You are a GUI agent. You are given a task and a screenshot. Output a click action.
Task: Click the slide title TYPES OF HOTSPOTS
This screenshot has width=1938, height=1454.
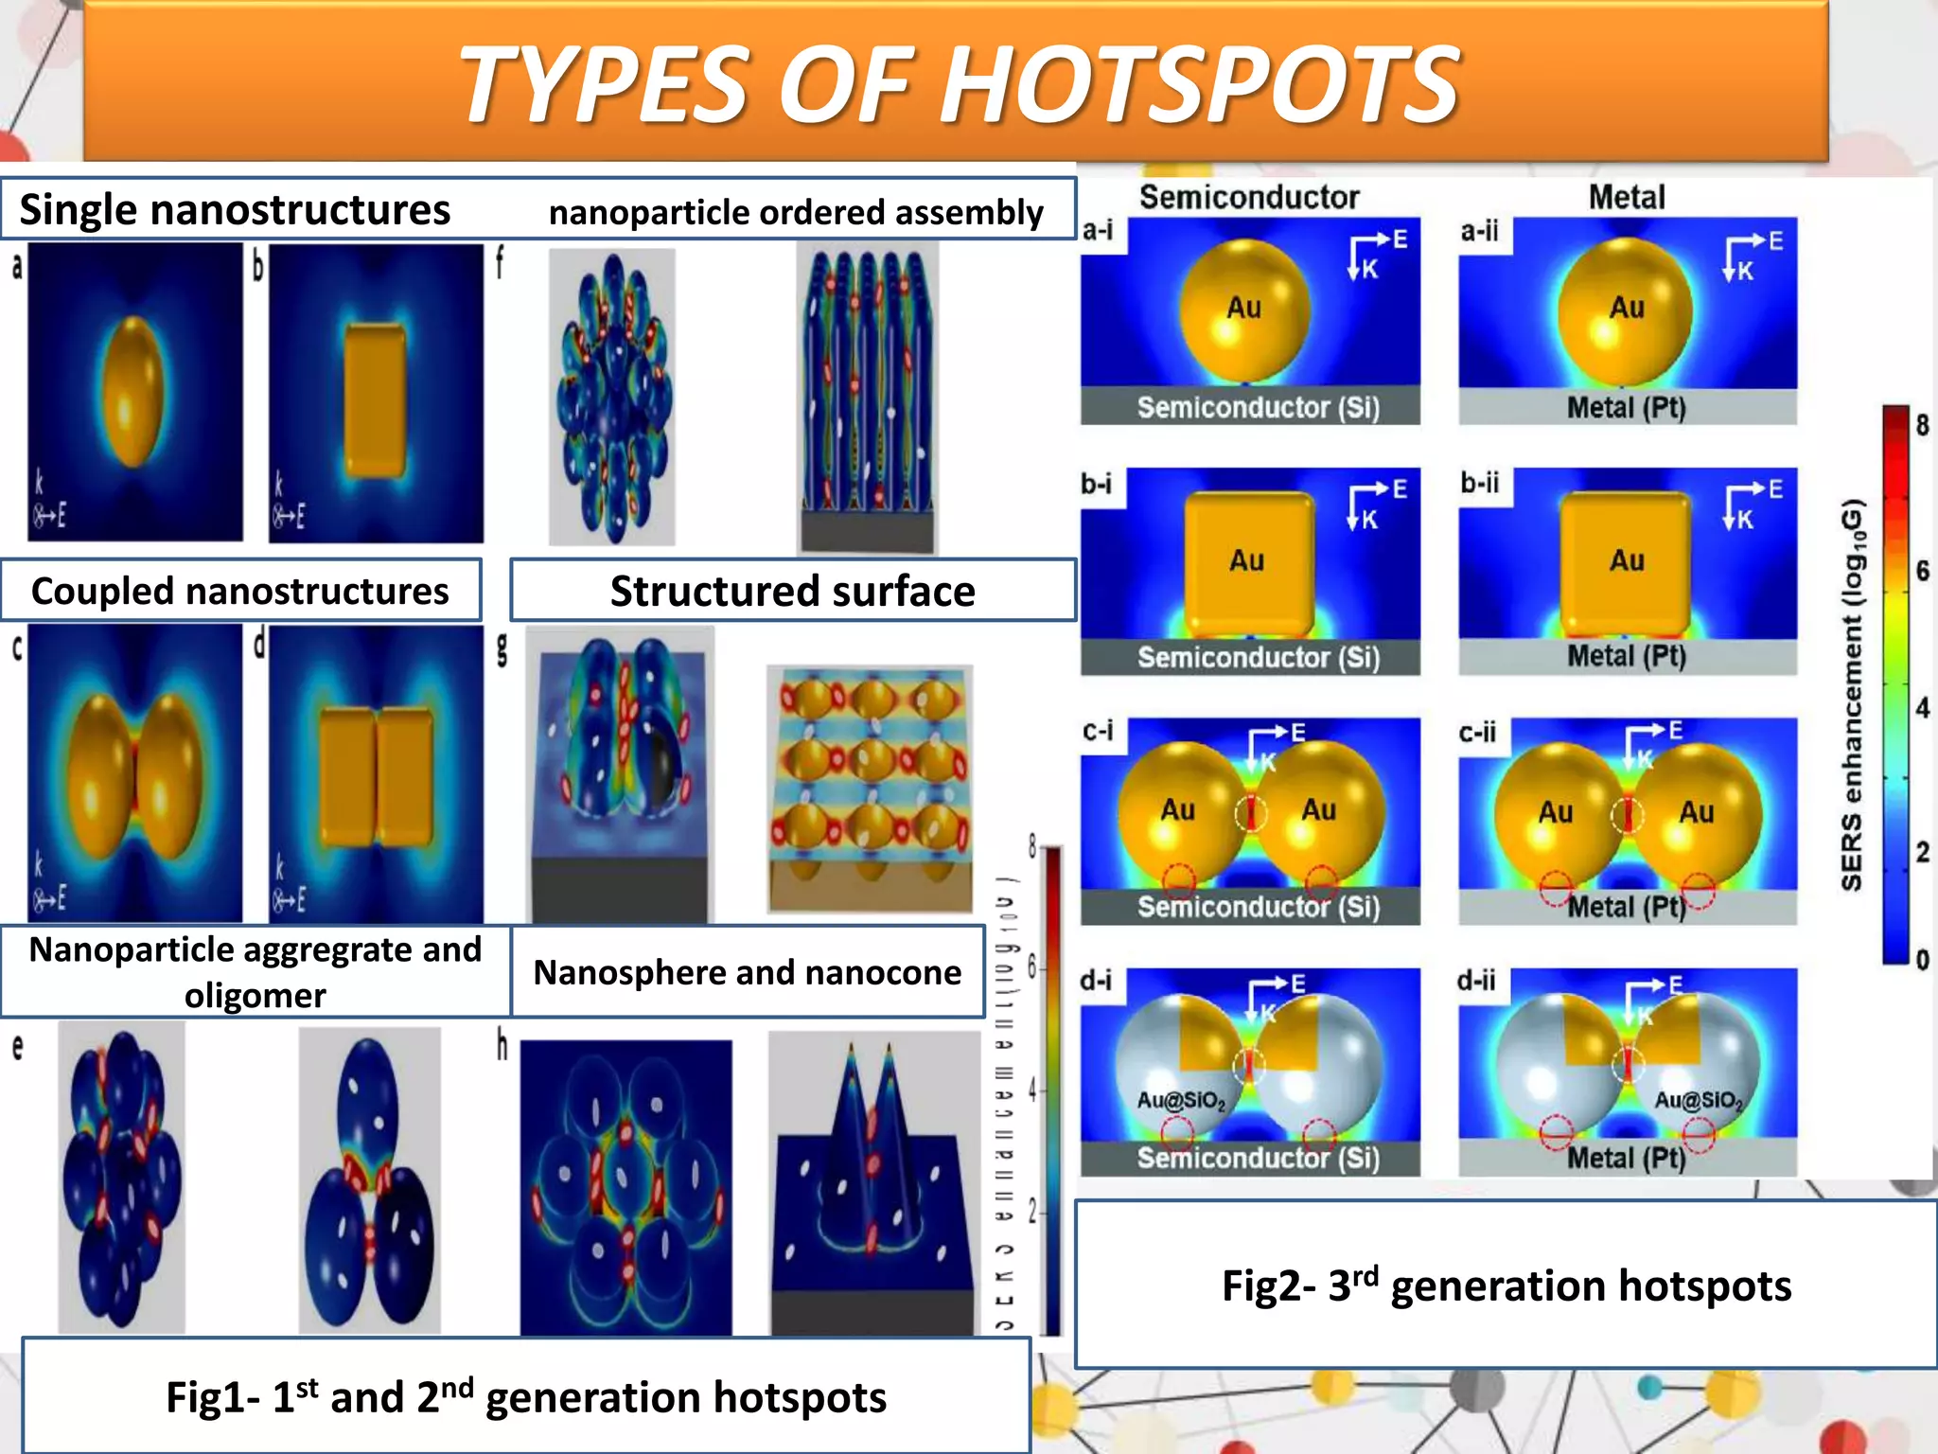coord(958,85)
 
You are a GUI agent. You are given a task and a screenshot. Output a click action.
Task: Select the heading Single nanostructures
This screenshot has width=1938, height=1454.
coord(235,210)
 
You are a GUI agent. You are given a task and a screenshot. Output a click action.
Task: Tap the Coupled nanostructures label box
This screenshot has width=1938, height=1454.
coord(240,591)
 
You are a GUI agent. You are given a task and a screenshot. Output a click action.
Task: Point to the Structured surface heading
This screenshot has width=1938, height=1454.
coord(793,591)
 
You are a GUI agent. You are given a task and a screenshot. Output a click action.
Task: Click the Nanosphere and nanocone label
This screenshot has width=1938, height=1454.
coord(748,972)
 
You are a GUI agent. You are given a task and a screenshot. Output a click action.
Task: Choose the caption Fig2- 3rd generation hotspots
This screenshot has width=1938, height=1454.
coord(1506,1285)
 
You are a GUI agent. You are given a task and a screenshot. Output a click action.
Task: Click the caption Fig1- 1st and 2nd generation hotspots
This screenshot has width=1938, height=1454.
coord(526,1396)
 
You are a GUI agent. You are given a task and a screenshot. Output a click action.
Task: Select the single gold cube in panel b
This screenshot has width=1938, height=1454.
coord(375,399)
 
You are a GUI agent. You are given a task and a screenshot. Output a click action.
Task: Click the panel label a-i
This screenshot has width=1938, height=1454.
coord(1099,230)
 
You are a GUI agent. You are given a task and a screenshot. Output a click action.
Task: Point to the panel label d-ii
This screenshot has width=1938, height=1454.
coord(1476,980)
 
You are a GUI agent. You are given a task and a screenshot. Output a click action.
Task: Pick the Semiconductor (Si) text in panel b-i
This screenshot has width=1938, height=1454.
coord(1259,657)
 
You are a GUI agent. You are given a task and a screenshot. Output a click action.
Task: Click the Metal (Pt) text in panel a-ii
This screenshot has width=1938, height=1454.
coord(1627,407)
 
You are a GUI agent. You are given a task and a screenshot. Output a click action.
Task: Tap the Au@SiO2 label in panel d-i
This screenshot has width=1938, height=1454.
coord(1181,1100)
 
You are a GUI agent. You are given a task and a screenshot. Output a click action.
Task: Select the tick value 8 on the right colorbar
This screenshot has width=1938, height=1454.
coord(1922,425)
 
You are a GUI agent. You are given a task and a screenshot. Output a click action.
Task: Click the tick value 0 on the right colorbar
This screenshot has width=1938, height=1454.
coord(1922,960)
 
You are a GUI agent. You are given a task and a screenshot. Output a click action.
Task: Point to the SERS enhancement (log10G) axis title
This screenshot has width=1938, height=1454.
coord(1852,694)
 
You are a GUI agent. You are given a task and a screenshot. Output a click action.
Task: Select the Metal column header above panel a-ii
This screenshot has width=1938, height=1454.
coord(1627,197)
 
